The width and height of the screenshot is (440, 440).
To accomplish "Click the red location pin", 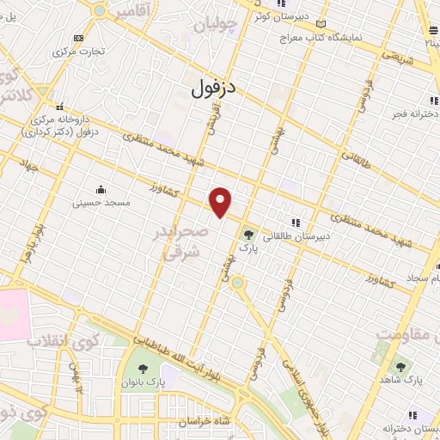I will coord(221,202).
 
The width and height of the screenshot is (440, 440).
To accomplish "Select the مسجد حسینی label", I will coord(101,204).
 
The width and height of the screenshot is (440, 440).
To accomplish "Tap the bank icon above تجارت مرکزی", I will coord(79,38).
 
